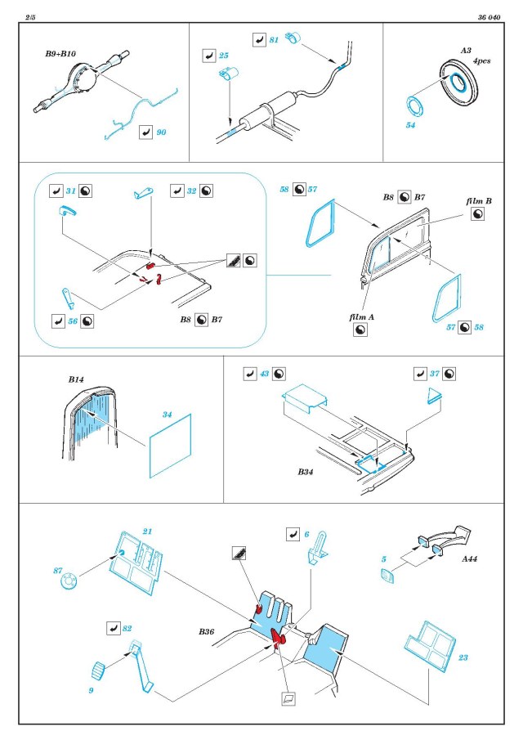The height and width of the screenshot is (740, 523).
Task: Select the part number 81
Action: coord(274,39)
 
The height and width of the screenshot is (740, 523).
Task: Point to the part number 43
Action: coord(264,373)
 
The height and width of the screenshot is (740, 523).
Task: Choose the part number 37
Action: coord(435,373)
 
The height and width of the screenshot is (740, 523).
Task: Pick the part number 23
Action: coord(463,656)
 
